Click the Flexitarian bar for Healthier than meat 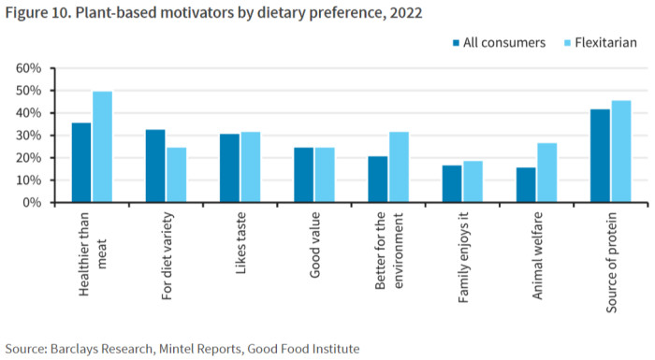coord(102,147)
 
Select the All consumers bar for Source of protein coord(600,156)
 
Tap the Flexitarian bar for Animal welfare coord(546,173)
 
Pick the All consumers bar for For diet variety coord(155,166)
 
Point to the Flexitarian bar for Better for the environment coord(399,167)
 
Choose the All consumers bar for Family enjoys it coord(452,184)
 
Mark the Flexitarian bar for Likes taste coord(251,167)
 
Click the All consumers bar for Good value coord(304,175)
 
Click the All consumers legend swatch coord(457,43)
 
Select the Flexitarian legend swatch coord(567,43)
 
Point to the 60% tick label coord(29,68)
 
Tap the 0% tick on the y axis coord(52,203)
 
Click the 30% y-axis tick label coord(29,136)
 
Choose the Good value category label coord(314,245)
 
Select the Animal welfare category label coord(537,255)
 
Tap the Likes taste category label coord(240,243)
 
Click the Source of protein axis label coord(611,262)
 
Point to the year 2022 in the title coord(405,13)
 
